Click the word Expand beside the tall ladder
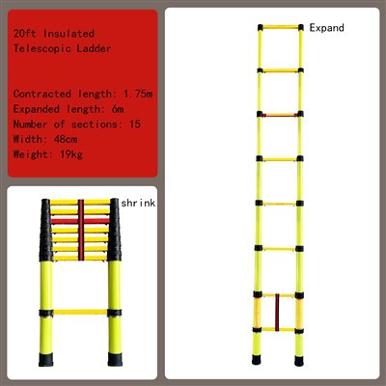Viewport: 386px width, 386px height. [x=326, y=28]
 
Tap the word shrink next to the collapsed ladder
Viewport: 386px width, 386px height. [x=138, y=203]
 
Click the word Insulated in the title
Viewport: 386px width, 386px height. [x=69, y=34]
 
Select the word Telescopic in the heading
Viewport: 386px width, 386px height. [x=41, y=48]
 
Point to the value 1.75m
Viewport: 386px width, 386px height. [x=138, y=94]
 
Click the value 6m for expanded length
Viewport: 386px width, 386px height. [x=118, y=109]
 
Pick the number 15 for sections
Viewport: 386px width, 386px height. [x=135, y=124]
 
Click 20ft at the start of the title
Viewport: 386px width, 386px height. [x=25, y=34]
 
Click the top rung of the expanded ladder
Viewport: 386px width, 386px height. [x=281, y=27]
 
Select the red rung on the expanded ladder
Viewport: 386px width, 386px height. [x=281, y=115]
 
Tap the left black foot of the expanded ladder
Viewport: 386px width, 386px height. [x=257, y=359]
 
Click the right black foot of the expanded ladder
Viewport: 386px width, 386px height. [x=299, y=361]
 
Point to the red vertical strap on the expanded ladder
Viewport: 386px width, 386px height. [x=277, y=313]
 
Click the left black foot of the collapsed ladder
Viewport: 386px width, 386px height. [x=45, y=359]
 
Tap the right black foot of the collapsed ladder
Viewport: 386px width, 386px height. [x=115, y=359]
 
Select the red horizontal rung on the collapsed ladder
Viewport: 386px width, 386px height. [x=80, y=221]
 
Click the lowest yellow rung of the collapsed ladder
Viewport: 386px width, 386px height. [x=80, y=312]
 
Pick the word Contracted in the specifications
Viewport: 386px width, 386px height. [x=41, y=94]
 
